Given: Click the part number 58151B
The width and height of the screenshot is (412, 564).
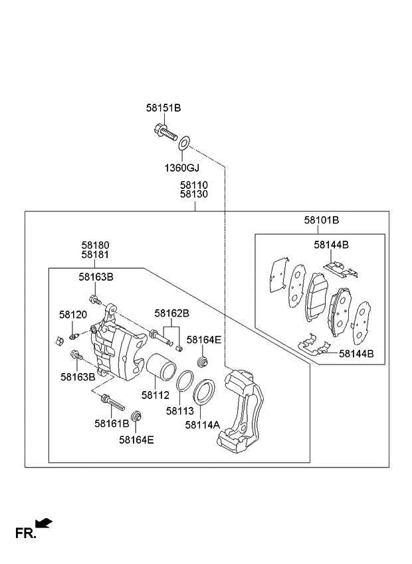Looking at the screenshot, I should click(x=163, y=107).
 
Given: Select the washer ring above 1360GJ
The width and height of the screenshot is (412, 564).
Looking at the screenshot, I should click(x=185, y=140).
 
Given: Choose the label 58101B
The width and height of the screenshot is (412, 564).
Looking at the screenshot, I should click(x=322, y=221).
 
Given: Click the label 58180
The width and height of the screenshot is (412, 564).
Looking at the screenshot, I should click(x=96, y=245).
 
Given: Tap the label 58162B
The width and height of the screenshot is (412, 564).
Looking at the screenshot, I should click(x=172, y=313).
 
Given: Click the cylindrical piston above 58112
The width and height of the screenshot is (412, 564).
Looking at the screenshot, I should click(x=159, y=370).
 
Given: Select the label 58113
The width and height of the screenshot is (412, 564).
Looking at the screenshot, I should click(x=179, y=411).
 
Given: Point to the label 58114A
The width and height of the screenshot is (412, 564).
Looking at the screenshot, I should click(x=203, y=424).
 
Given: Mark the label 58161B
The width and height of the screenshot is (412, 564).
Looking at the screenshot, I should click(x=112, y=423).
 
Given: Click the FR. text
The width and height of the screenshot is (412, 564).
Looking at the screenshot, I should click(x=25, y=532).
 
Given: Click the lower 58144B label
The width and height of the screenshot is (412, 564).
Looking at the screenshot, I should click(x=356, y=354).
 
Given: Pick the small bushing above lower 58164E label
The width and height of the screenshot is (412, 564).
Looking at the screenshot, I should click(x=138, y=417).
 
